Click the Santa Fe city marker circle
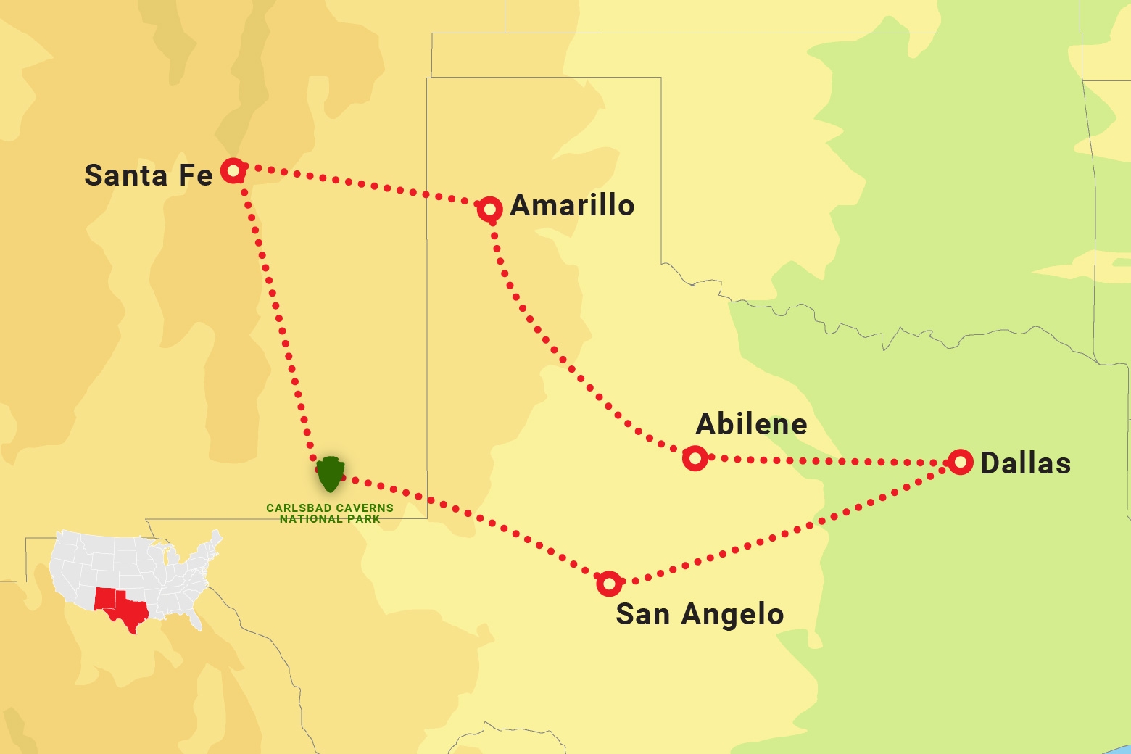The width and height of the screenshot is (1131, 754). (233, 170)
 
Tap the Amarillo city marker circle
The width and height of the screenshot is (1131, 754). (490, 210)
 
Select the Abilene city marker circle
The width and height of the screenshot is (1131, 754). (695, 458)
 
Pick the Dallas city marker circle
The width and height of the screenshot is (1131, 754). (961, 461)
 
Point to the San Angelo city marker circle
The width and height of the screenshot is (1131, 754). (609, 583)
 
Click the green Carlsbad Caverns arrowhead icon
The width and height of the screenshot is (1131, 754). (330, 474)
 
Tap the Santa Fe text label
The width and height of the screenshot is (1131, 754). (148, 175)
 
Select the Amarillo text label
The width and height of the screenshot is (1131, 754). (572, 205)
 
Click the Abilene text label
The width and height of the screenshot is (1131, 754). (751, 424)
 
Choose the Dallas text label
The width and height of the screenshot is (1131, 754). (1025, 463)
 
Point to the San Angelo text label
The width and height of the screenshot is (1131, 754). (700, 614)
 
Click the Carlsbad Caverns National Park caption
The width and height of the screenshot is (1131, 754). (330, 513)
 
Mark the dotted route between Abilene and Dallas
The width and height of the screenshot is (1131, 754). (826, 461)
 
